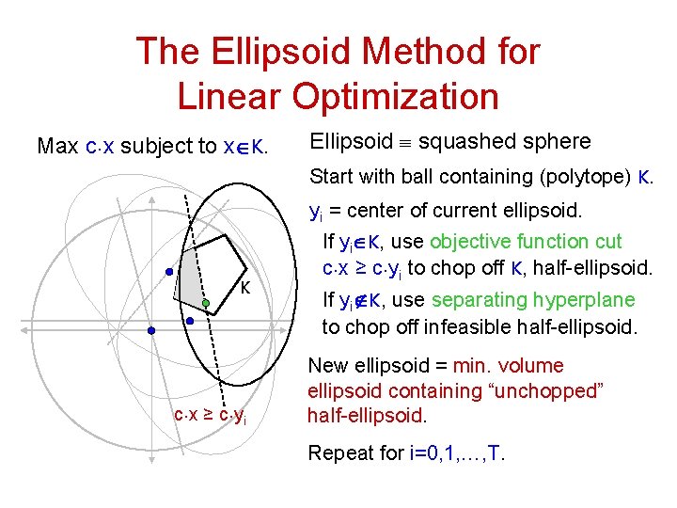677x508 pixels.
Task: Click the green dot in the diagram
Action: [205, 303]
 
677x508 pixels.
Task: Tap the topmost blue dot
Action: [169, 273]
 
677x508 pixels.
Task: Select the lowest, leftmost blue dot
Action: [150, 331]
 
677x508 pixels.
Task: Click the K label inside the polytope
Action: [244, 287]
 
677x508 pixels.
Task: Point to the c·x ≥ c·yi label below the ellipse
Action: [210, 415]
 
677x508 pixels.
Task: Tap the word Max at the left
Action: [57, 147]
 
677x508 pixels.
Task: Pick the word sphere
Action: [556, 142]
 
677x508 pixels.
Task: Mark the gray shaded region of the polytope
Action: [192, 273]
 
